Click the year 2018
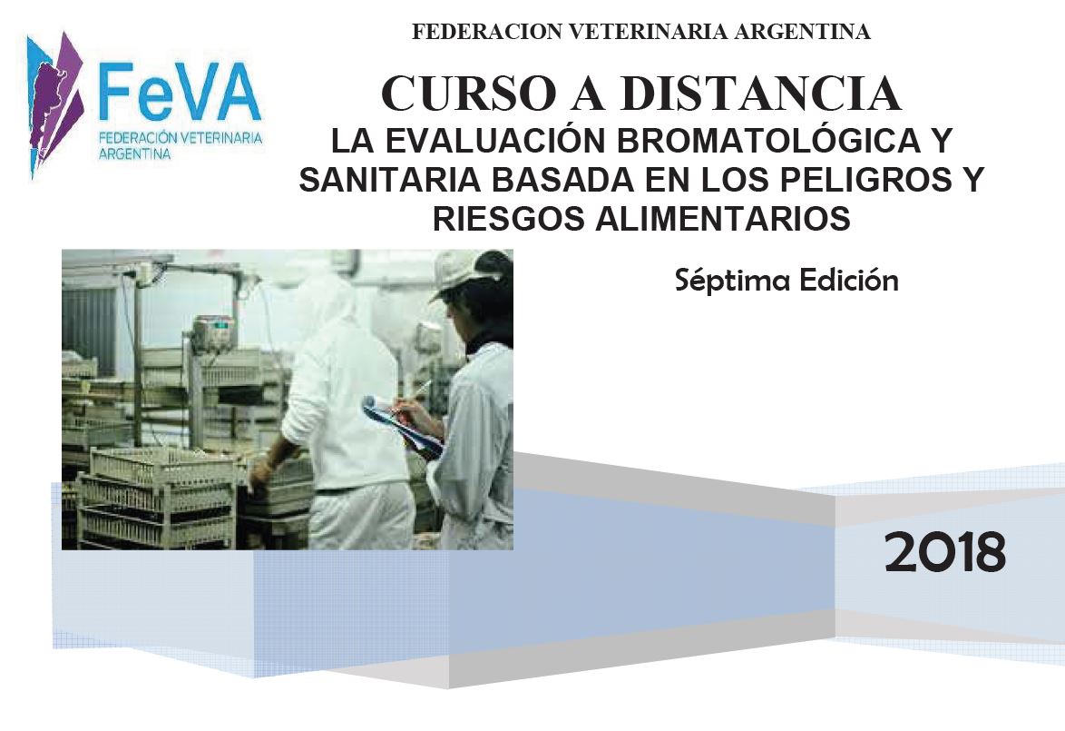coord(944,552)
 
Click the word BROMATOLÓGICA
coord(767,140)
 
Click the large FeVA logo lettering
coord(180,91)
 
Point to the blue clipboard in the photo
coord(402,427)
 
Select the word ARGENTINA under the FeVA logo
coord(134,153)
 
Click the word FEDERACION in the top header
coord(487,31)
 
